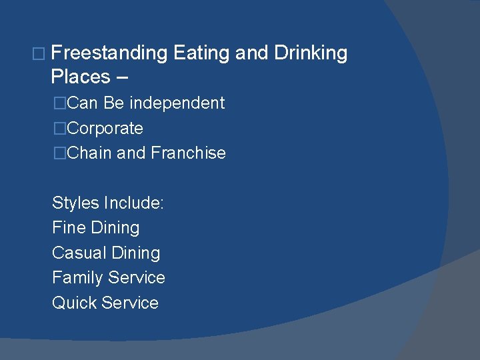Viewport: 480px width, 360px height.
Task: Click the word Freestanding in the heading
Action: pyautogui.click(x=109, y=53)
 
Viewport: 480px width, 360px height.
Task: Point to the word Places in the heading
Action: pyautogui.click(x=80, y=77)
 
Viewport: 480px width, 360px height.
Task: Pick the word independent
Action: pyautogui.click(x=177, y=103)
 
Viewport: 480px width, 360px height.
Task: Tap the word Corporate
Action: pyautogui.click(x=105, y=128)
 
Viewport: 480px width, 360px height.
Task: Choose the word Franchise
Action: pyautogui.click(x=188, y=153)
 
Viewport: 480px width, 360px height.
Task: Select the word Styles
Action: pyautogui.click(x=75, y=203)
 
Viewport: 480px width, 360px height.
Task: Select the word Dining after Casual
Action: pyautogui.click(x=136, y=253)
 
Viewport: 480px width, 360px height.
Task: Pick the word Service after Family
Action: pyautogui.click(x=136, y=277)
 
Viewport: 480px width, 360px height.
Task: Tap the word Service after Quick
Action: pyautogui.click(x=129, y=303)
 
